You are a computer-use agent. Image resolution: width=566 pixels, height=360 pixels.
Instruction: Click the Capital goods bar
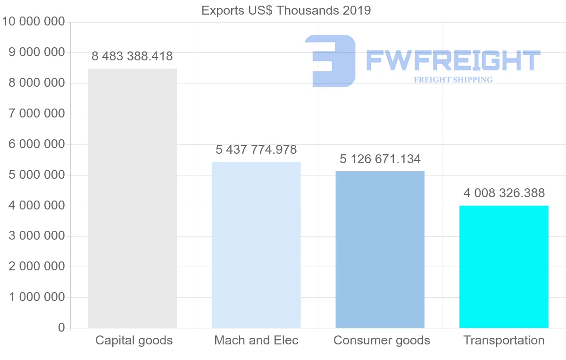(132, 198)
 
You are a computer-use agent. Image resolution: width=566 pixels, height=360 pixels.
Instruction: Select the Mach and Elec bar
(256, 245)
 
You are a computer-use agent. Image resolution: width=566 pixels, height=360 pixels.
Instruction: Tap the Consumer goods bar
(380, 250)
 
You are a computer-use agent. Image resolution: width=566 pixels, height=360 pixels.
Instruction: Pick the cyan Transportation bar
(504, 267)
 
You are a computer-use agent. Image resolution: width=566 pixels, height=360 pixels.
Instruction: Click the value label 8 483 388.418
(132, 57)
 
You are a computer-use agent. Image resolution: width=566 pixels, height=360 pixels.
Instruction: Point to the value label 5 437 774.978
(256, 150)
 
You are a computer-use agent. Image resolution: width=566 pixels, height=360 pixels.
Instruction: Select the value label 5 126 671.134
(380, 159)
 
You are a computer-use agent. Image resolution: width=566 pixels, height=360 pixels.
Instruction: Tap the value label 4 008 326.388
(504, 193)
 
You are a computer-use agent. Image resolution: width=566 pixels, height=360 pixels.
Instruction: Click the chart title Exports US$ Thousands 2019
(286, 10)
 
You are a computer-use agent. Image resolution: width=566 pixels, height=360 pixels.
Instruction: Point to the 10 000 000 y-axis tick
(33, 22)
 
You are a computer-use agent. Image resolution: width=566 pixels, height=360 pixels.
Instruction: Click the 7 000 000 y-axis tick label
(37, 114)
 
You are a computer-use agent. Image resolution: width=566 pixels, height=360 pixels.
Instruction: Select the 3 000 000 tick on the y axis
(37, 236)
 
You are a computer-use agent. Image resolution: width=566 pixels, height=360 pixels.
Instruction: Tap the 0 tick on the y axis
(61, 327)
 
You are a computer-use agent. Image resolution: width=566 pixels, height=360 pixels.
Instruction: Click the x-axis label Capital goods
(134, 340)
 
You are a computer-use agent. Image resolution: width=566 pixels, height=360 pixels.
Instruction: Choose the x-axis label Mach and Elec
(256, 340)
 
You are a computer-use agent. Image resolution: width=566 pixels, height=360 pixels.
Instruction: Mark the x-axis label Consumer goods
(382, 340)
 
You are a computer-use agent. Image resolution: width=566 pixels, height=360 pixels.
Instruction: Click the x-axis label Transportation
(504, 340)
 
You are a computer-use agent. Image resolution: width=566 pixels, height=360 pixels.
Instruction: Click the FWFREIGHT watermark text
(453, 61)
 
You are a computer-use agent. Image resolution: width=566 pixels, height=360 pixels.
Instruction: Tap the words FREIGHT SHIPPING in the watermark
(453, 80)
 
